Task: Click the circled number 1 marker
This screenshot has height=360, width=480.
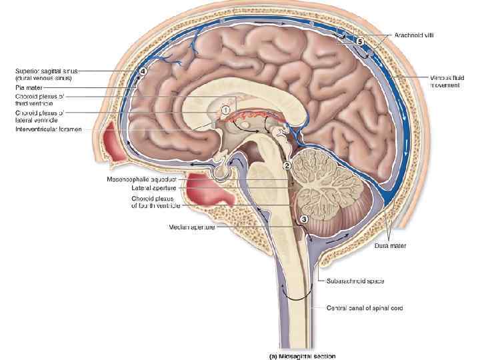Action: click(x=226, y=109)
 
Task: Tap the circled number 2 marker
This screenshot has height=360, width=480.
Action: click(x=287, y=165)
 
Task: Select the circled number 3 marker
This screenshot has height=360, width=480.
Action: click(x=304, y=218)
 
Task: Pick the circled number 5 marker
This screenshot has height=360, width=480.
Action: click(x=359, y=41)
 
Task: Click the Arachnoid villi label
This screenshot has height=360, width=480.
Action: click(x=413, y=35)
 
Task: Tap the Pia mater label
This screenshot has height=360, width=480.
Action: click(x=29, y=87)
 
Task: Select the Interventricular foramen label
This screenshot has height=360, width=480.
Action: click(x=49, y=129)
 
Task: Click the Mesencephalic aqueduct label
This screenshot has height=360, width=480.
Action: click(x=141, y=179)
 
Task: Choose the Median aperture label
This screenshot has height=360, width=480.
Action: click(x=191, y=227)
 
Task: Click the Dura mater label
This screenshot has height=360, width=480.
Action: click(x=390, y=246)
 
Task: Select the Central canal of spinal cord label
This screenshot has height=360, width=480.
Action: click(x=364, y=308)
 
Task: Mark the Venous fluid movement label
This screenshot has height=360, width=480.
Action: click(x=445, y=81)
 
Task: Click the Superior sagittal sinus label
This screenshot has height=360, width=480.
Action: click(x=43, y=74)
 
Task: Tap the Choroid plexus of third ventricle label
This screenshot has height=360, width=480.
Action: click(x=40, y=100)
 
